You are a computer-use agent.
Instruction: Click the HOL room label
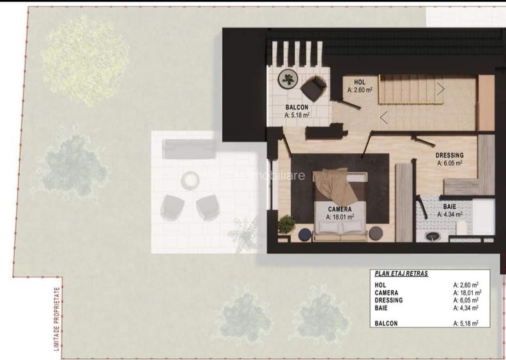(360, 82)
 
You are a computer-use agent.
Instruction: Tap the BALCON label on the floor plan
(297, 107)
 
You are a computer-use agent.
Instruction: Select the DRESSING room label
(449, 155)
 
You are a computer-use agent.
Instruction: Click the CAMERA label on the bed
(340, 209)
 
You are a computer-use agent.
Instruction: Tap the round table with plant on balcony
(289, 79)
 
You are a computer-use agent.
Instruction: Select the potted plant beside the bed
(286, 224)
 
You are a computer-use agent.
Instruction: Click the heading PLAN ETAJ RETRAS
(401, 274)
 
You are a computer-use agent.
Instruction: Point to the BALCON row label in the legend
(387, 324)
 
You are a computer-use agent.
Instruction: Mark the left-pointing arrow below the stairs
(383, 116)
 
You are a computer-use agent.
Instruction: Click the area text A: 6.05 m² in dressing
(449, 163)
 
